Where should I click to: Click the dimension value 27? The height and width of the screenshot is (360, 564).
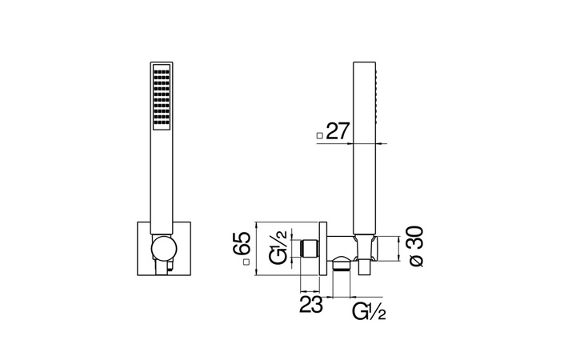click(338, 133)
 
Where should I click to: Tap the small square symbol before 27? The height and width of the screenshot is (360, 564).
click(320, 136)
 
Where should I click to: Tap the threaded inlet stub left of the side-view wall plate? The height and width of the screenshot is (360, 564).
click(309, 247)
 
